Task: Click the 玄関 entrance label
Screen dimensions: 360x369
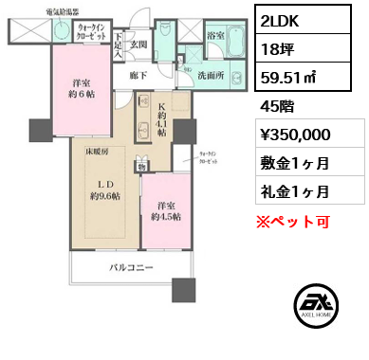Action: [138, 44]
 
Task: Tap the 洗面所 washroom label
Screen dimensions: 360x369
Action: [212, 74]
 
